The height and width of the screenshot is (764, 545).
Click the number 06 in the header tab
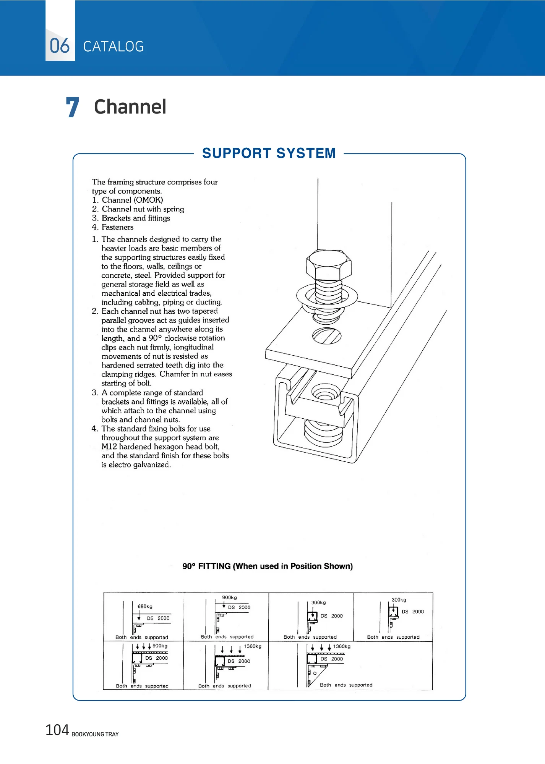(x=60, y=46)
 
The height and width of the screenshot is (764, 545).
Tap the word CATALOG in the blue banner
(x=114, y=47)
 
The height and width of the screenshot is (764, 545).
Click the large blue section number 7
(x=72, y=107)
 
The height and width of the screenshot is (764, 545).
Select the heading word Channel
(x=130, y=107)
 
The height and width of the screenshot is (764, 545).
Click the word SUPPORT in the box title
(x=237, y=153)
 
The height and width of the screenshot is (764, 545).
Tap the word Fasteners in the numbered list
(x=117, y=227)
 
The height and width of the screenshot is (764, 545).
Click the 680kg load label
(x=145, y=606)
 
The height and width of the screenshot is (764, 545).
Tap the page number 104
(x=57, y=730)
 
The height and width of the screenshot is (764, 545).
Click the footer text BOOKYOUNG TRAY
(x=95, y=734)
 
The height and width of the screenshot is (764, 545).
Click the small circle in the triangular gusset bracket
(x=315, y=673)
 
